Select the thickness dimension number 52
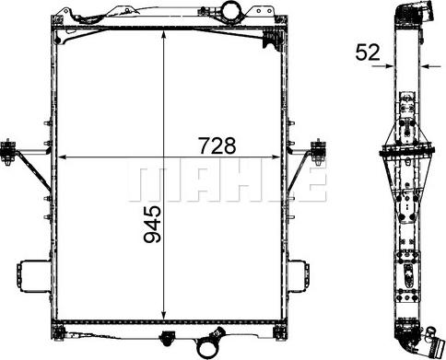tap(368, 52)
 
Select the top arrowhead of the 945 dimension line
tap(164, 34)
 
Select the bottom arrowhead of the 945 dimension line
tap(164, 312)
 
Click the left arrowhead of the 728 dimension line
tap(62, 157)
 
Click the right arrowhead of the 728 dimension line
tap(282, 157)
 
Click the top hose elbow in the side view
tap(409, 13)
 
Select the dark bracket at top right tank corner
tap(269, 39)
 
